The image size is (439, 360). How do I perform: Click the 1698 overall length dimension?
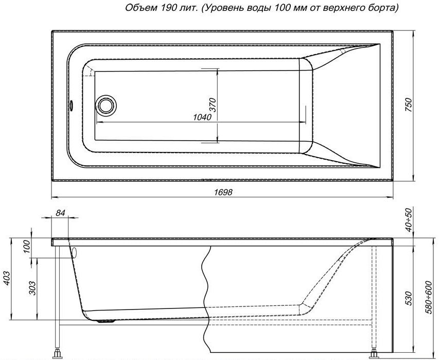223,192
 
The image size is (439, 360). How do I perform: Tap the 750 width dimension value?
409,105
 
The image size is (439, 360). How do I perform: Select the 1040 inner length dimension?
202,117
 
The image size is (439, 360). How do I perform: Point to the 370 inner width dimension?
213,105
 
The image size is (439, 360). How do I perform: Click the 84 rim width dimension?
60,213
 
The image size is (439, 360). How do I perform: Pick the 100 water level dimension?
26,246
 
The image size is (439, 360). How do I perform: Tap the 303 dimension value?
32,288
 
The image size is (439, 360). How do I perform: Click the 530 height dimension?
409,298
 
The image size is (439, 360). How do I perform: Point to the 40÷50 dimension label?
409,220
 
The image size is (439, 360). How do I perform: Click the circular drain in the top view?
106,105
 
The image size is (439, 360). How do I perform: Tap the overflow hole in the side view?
74,253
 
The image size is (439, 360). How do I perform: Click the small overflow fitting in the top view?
71,105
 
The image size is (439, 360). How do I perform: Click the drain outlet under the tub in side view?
106,321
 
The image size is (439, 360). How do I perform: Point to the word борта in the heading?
383,8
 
